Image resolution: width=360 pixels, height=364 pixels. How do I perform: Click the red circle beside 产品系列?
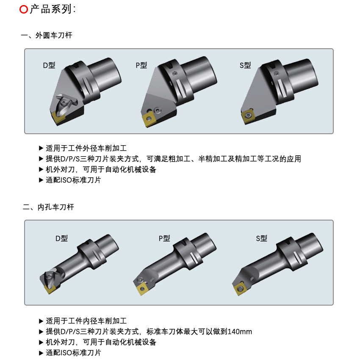tap(24, 9)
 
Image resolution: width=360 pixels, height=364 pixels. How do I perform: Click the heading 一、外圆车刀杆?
tap(47, 35)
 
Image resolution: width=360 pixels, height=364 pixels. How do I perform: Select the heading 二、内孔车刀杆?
tap(48, 207)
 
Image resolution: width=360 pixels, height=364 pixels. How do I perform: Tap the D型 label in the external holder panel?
tap(49, 65)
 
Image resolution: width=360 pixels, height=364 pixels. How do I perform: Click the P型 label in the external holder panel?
tap(141, 65)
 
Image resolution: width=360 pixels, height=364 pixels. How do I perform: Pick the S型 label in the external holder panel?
tap(245, 65)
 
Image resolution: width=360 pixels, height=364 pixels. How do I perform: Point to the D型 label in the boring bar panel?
tap(61, 238)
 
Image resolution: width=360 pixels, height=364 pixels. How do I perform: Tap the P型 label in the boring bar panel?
tap(164, 238)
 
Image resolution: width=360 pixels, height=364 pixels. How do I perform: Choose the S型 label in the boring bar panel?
tap(261, 238)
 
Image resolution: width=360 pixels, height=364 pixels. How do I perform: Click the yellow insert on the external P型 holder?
tap(148, 119)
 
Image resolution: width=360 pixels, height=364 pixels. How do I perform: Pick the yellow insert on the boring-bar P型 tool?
tap(142, 289)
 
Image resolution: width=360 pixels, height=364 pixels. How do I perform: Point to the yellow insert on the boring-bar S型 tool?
tap(240, 289)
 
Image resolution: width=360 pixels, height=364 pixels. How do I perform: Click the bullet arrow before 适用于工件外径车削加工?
tap(41, 148)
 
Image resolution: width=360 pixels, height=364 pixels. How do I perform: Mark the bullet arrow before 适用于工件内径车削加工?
tap(41, 321)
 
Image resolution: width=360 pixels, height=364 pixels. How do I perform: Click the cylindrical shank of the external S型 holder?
tap(301, 77)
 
